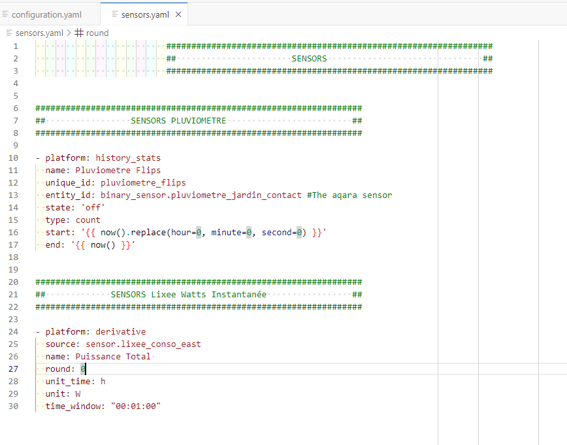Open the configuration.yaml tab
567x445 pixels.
click(x=46, y=14)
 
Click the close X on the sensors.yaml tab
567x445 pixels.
click(x=178, y=14)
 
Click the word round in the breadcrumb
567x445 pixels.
click(x=97, y=33)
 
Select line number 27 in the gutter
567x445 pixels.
click(x=13, y=369)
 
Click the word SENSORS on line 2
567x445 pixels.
click(x=309, y=59)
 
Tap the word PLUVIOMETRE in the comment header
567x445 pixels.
click(x=199, y=120)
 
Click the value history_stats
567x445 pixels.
click(x=128, y=158)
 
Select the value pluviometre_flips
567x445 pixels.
click(x=143, y=183)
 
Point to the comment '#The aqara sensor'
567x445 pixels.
click(x=349, y=195)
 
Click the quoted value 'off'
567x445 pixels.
click(x=93, y=207)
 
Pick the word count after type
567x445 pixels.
click(x=88, y=220)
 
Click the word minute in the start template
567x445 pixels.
click(x=226, y=232)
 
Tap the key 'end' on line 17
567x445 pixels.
click(x=53, y=245)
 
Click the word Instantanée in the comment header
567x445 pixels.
click(x=238, y=295)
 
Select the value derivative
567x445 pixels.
click(x=121, y=332)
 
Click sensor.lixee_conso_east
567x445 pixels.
click(x=143, y=344)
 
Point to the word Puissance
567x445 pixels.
click(x=98, y=356)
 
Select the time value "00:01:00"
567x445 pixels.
click(x=136, y=406)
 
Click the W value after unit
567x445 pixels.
click(x=78, y=393)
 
